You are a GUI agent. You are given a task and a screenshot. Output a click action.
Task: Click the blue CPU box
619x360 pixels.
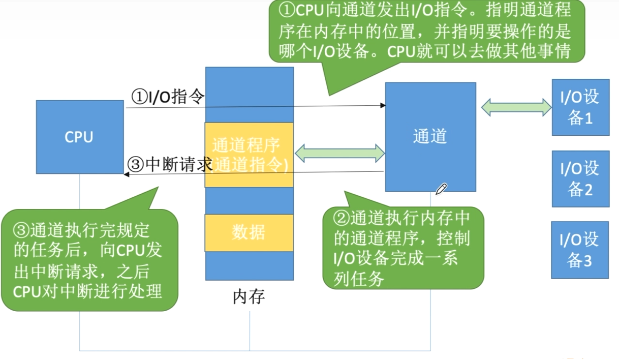click(x=80, y=137)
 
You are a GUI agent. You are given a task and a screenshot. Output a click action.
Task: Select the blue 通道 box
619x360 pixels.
click(x=430, y=136)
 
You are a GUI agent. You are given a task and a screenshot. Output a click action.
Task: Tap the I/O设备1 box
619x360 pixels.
click(x=580, y=108)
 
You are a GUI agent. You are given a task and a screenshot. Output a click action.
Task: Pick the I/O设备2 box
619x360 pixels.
click(x=580, y=178)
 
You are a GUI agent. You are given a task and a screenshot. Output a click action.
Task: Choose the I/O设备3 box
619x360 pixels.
click(x=580, y=250)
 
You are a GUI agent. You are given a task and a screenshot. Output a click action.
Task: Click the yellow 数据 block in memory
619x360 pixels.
click(x=249, y=232)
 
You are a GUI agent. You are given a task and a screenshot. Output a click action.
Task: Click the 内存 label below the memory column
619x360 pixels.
click(x=249, y=296)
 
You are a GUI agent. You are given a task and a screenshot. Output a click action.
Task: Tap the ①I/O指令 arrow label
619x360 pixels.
click(x=168, y=96)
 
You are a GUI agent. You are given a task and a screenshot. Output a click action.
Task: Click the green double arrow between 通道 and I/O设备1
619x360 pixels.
click(x=517, y=107)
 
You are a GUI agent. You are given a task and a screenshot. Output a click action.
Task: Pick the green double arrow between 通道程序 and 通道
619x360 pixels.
click(x=340, y=152)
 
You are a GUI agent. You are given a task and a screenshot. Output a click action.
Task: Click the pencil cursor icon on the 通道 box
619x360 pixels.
click(x=441, y=189)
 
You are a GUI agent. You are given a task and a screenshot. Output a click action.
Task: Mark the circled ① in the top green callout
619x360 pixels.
click(x=287, y=11)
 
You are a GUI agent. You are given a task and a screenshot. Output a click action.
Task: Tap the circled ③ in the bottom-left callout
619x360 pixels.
click(x=22, y=230)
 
